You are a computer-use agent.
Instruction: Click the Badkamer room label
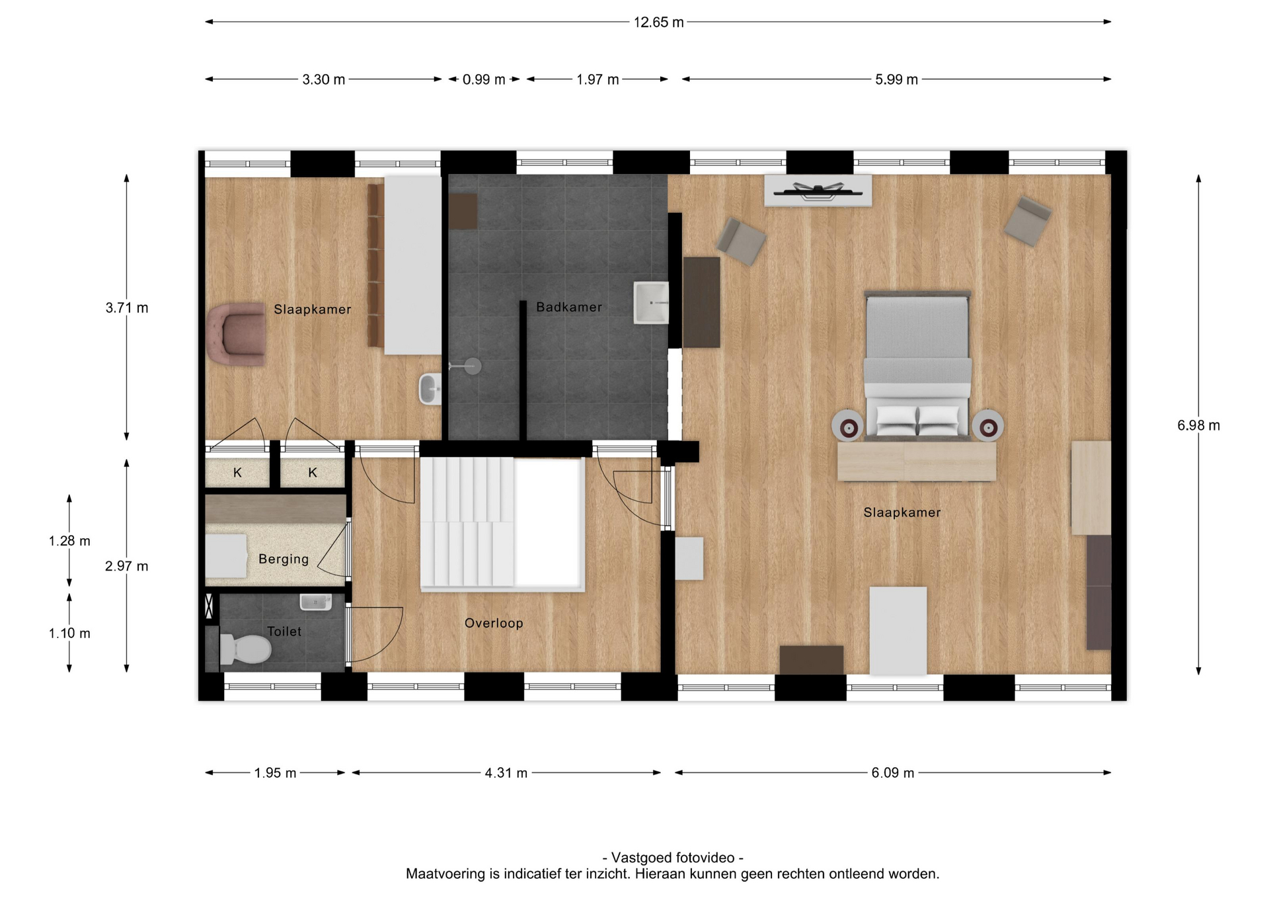click(x=569, y=307)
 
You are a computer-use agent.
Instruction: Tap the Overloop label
click(x=494, y=623)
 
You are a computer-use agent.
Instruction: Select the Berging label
click(x=284, y=559)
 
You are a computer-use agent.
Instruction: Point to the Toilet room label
click(x=284, y=632)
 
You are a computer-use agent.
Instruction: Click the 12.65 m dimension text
click(x=659, y=22)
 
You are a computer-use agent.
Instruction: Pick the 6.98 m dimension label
click(x=1198, y=425)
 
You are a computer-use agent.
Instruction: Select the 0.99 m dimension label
click(x=484, y=79)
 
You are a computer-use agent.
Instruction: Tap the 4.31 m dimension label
click(x=506, y=772)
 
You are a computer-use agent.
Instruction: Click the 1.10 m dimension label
click(x=69, y=633)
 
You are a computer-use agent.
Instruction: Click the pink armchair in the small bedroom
click(x=237, y=334)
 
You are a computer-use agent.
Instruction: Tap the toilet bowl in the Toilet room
click(x=245, y=649)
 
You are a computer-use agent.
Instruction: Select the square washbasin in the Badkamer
click(x=651, y=303)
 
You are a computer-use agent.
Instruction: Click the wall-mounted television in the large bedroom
click(x=818, y=192)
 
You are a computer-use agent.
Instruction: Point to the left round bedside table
click(x=848, y=427)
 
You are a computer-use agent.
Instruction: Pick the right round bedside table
click(x=987, y=427)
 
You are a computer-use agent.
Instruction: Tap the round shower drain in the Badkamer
click(x=473, y=366)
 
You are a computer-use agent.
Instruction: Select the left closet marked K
click(x=237, y=472)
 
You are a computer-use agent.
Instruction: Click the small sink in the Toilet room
click(x=316, y=602)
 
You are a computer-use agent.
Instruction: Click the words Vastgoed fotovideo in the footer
click(x=673, y=858)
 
